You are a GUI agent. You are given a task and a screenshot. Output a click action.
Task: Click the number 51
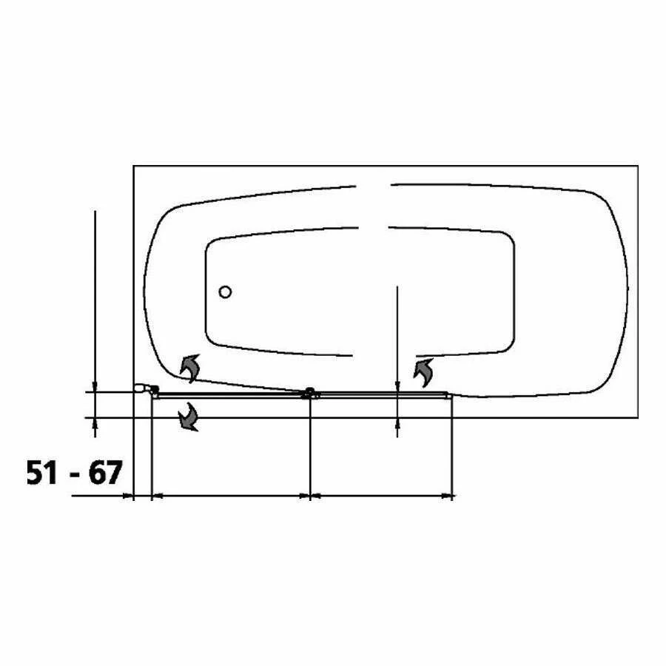[41, 472]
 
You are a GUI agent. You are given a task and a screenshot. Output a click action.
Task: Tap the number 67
[105, 472]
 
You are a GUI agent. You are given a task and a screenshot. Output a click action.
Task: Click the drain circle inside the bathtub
[225, 292]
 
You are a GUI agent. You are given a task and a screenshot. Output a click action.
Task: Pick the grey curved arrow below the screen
[189, 417]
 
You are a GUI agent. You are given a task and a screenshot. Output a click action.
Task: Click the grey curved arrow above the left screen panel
[190, 368]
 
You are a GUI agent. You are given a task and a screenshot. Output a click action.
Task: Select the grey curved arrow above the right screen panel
[424, 372]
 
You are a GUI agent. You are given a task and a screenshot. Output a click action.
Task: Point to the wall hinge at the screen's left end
[147, 388]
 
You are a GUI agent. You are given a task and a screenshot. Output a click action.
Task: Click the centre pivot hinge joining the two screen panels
[310, 392]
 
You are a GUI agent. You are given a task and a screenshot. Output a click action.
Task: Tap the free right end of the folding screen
[449, 395]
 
